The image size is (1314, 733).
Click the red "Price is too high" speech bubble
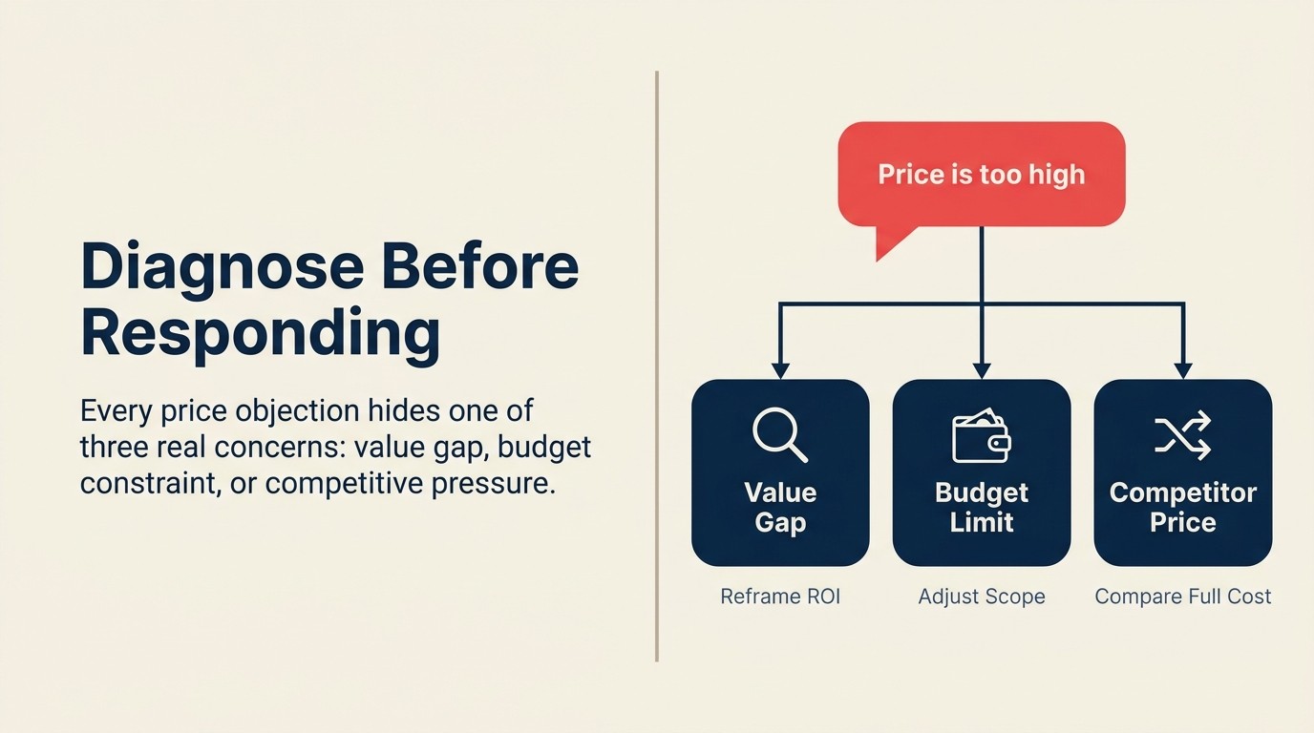click(x=981, y=175)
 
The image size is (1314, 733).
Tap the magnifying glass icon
click(x=779, y=435)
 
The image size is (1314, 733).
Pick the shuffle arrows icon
click(x=1182, y=435)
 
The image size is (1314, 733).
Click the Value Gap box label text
click(x=780, y=508)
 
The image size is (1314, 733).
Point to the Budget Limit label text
click(x=981, y=508)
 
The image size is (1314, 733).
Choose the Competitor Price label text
click(x=1182, y=508)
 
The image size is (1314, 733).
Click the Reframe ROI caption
click(x=780, y=597)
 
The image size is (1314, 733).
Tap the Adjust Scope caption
click(x=981, y=597)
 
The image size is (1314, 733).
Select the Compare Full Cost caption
click(x=1182, y=597)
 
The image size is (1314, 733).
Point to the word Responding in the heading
click(x=260, y=333)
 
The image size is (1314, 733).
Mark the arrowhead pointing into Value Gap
click(x=780, y=370)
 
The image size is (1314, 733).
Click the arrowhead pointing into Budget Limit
click(x=982, y=370)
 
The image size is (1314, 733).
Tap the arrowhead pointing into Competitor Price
click(x=1183, y=370)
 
